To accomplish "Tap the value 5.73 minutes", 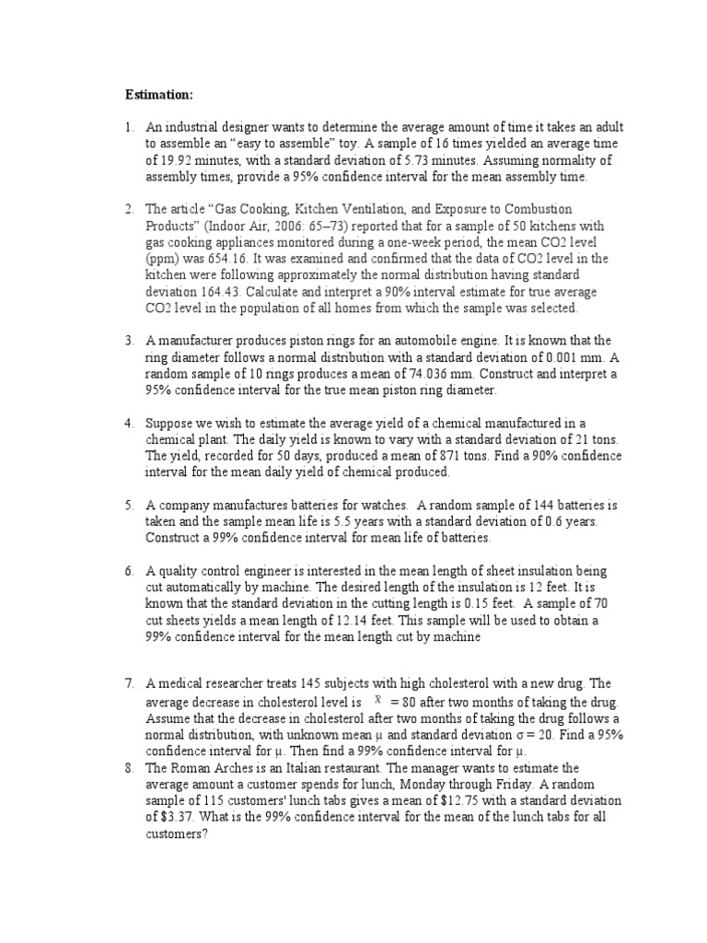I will pos(443,159).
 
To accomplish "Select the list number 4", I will pos(131,423).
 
